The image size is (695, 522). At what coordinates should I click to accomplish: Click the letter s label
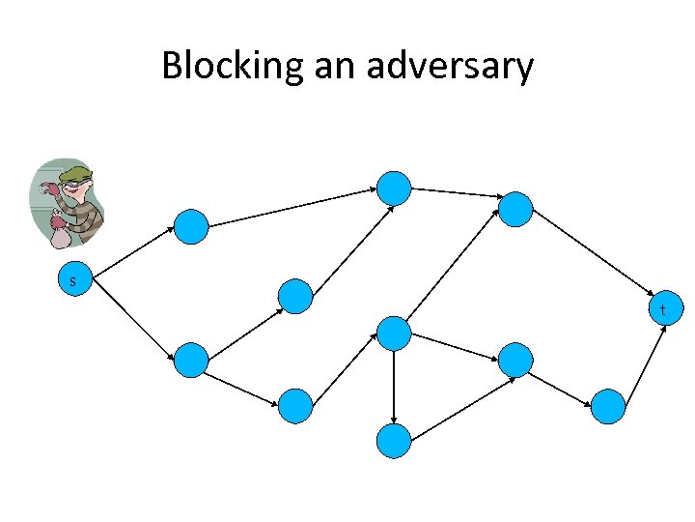72,281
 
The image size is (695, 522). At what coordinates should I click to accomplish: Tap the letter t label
663,310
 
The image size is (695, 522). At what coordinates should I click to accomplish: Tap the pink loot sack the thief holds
60,235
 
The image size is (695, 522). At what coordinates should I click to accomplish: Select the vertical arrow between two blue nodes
394,386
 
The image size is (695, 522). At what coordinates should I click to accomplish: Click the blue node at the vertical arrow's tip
394,440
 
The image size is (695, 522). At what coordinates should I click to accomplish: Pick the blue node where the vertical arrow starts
394,333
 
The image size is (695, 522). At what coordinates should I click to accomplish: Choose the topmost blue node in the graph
394,187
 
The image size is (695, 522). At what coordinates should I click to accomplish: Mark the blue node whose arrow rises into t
608,406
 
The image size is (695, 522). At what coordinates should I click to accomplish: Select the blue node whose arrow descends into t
515,208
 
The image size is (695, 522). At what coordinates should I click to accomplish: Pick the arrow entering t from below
645,362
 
